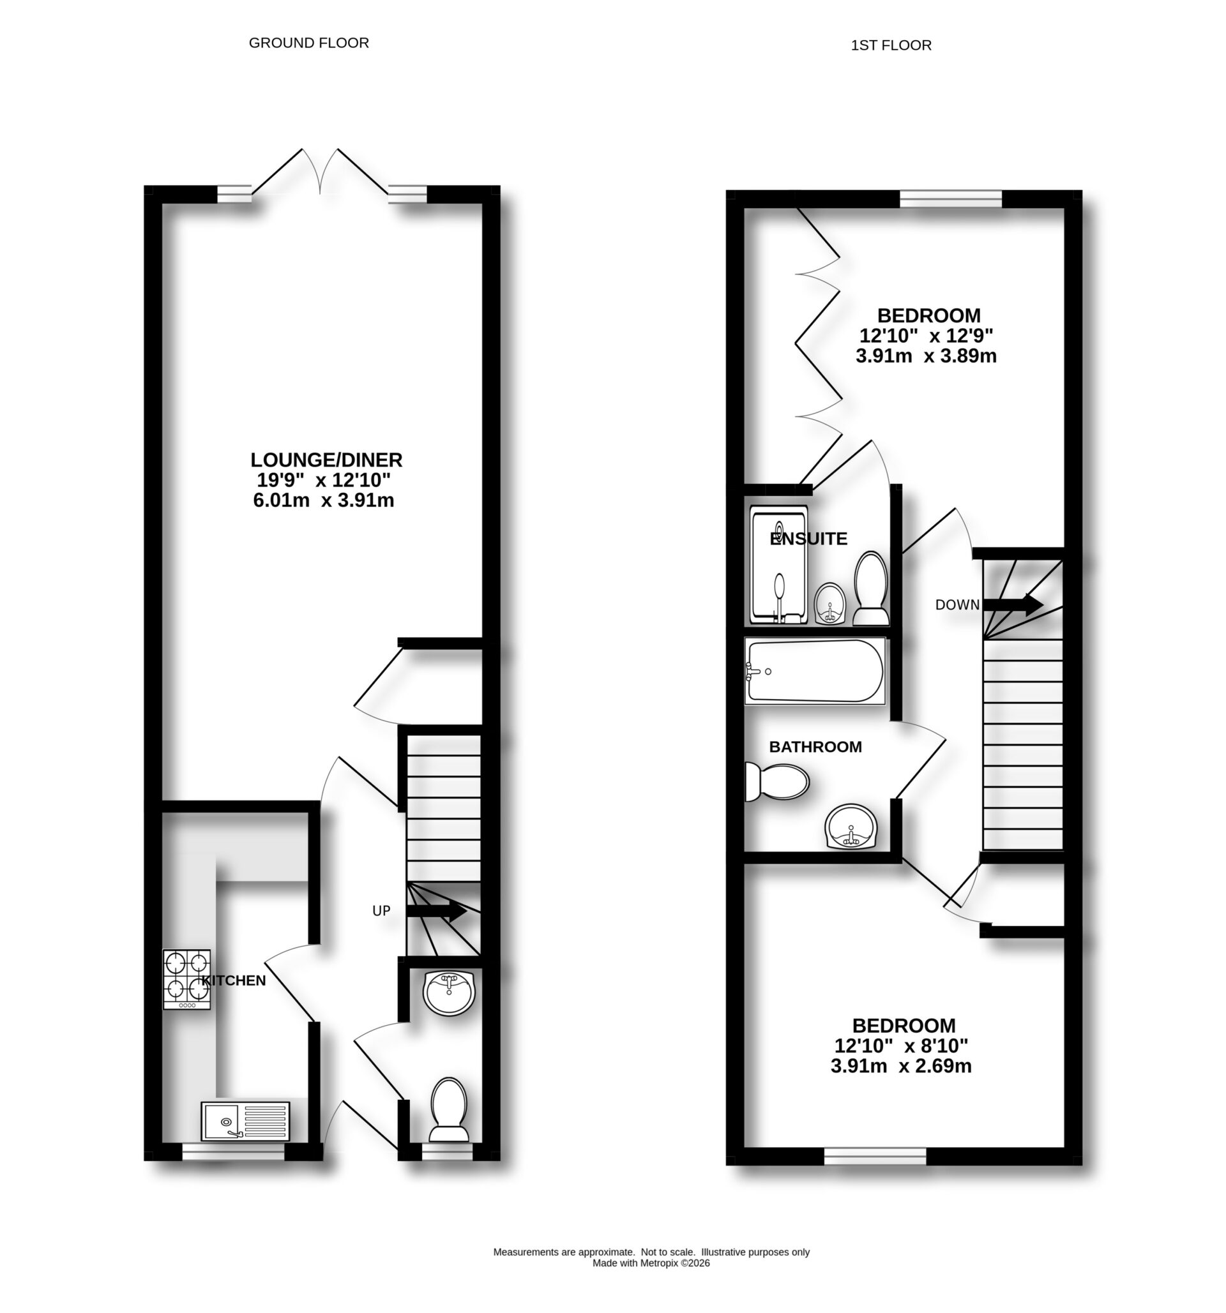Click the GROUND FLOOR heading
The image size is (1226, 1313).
tap(308, 43)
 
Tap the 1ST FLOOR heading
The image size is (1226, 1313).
tap(890, 45)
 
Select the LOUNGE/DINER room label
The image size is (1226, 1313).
tap(326, 460)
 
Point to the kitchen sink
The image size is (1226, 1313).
tap(245, 1120)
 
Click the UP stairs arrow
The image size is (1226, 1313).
tap(436, 912)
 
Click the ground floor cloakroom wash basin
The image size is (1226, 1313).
tap(449, 993)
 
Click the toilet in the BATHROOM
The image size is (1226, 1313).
tap(777, 783)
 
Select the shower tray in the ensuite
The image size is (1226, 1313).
tap(779, 565)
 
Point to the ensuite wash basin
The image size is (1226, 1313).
tap(829, 603)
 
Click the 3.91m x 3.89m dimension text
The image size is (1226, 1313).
tap(925, 357)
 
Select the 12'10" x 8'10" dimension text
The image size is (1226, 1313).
tap(901, 1046)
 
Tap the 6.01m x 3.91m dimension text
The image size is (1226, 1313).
tap(324, 500)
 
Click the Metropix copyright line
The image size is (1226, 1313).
tap(651, 1263)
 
